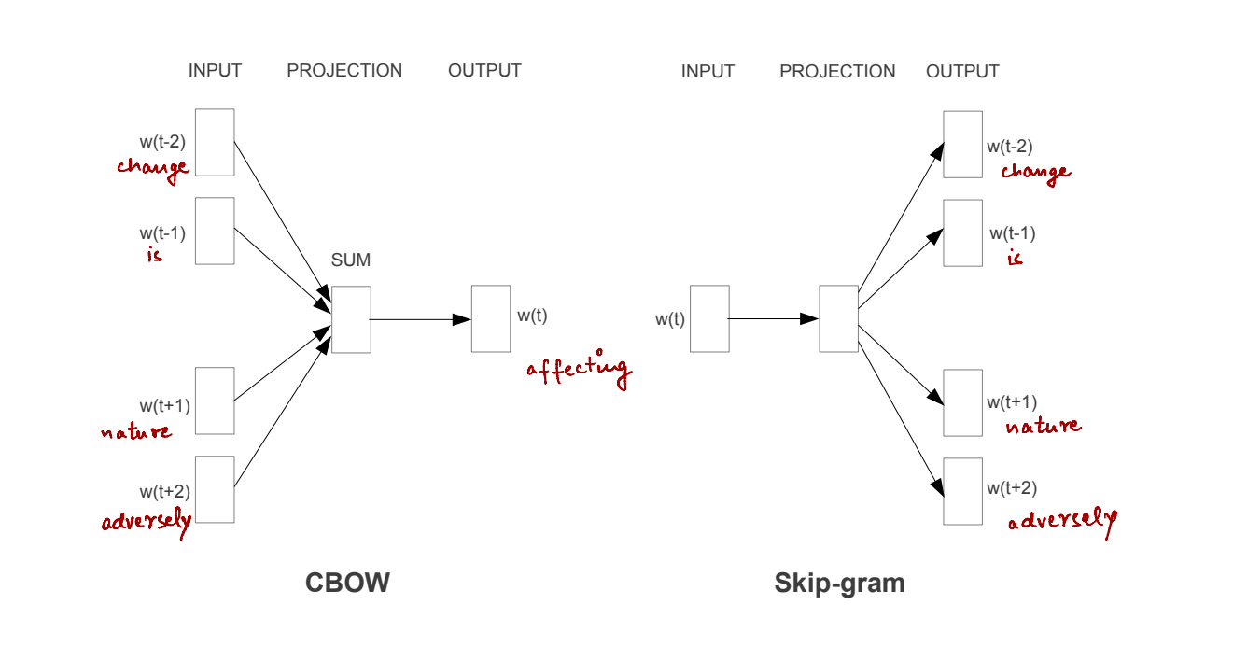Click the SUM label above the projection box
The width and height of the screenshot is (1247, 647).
click(351, 260)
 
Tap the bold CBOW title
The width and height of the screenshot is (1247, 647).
click(347, 584)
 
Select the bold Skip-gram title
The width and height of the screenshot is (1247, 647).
click(839, 584)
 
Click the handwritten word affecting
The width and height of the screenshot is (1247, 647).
click(579, 370)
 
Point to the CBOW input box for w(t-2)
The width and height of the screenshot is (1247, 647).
click(215, 142)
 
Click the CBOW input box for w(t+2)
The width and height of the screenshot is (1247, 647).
click(215, 489)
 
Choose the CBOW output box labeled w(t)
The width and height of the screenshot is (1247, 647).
click(491, 318)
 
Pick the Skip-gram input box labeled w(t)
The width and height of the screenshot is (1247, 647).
click(709, 318)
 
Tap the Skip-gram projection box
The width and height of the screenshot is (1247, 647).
click(838, 318)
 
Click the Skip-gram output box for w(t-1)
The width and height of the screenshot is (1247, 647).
click(962, 232)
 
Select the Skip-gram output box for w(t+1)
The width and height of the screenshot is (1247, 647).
click(962, 402)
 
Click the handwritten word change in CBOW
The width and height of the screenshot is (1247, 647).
click(152, 168)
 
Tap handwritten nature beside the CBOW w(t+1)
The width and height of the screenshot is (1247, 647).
click(136, 431)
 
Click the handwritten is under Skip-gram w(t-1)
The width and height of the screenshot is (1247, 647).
click(1015, 258)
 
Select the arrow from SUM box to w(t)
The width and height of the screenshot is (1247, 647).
click(420, 319)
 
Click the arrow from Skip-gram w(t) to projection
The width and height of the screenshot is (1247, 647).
click(773, 319)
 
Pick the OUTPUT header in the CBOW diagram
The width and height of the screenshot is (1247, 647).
click(484, 71)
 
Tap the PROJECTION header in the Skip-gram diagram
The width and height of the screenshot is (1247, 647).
click(837, 72)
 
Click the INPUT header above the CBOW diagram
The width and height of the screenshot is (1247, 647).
click(215, 71)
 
